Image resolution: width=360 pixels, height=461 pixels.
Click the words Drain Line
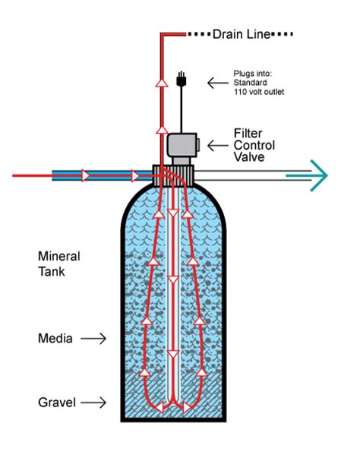[237, 34]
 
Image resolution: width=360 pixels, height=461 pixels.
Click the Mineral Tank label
[58, 262]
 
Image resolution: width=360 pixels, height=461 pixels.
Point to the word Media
[55, 339]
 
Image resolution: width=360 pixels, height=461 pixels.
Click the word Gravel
[57, 402]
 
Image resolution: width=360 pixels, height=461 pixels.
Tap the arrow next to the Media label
[93, 339]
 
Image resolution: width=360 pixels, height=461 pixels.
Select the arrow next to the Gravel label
[93, 403]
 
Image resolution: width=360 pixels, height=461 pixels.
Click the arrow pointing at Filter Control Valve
[219, 144]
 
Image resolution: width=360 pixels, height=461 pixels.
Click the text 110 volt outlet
[261, 90]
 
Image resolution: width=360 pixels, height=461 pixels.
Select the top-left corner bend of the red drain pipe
[163, 35]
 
